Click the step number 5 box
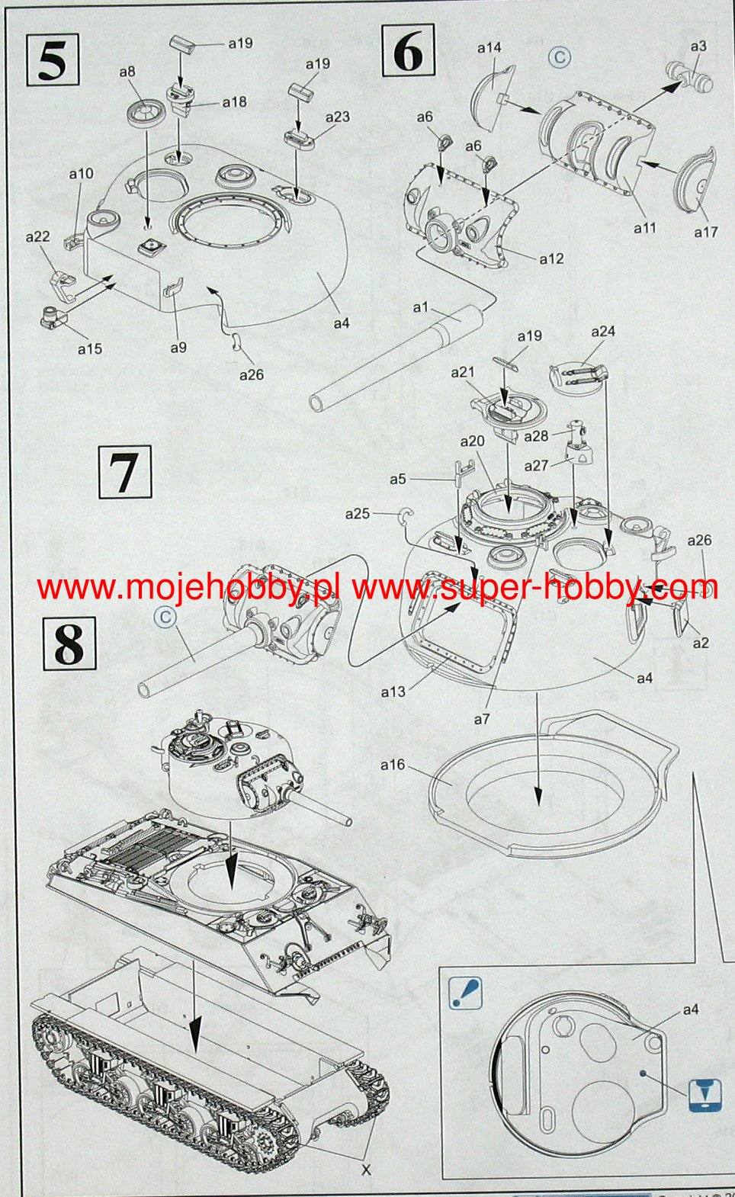53,60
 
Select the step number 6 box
408,51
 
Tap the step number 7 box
124,472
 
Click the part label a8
127,72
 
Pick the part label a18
234,102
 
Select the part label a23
337,117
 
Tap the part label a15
90,348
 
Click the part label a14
489,48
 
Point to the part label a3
698,46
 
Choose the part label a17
706,232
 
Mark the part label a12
551,259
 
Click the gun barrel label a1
421,307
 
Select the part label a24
603,331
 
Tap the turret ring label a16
393,765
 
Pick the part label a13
393,692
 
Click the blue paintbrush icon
466,993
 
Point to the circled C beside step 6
560,57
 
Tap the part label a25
358,514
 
